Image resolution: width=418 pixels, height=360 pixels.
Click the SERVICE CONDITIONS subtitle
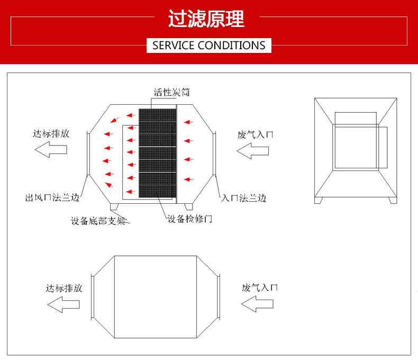pyautogui.click(x=209, y=46)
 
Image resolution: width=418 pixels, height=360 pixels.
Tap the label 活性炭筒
pyautogui.click(x=171, y=93)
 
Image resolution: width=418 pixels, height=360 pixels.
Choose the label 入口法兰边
pyautogui.click(x=243, y=199)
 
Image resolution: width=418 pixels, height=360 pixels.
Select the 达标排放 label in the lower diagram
pyautogui.click(x=64, y=289)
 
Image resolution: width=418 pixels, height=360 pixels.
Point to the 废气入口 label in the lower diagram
pyautogui.click(x=260, y=288)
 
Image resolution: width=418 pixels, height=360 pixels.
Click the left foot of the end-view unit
pyautogui.click(x=319, y=200)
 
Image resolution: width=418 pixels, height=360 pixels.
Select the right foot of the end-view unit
pyautogui.click(x=392, y=200)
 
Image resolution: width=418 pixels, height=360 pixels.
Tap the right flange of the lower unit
pyautogui.click(x=218, y=296)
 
